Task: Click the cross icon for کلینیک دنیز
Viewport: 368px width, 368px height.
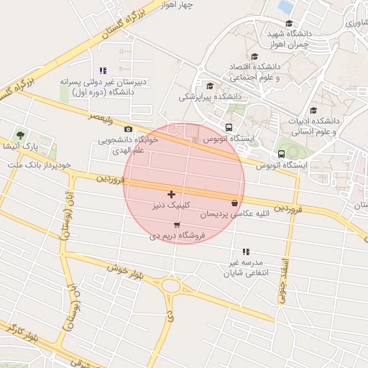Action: pos(171,194)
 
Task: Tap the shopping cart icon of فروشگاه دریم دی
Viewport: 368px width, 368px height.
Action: pos(177,224)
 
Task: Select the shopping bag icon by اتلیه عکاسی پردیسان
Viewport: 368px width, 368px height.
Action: pos(235,203)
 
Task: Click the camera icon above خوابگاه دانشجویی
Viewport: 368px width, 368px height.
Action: pos(128,129)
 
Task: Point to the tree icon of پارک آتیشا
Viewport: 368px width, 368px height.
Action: pos(20,135)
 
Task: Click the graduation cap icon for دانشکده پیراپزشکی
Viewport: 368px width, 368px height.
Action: pos(209,86)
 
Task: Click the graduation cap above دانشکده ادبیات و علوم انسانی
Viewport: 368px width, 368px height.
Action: pos(313,110)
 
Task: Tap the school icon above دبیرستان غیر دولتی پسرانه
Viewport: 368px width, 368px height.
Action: pos(103,70)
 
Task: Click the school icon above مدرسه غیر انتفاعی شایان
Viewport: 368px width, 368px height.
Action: pos(246,252)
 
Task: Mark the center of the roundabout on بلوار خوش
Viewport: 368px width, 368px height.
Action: pos(171,287)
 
